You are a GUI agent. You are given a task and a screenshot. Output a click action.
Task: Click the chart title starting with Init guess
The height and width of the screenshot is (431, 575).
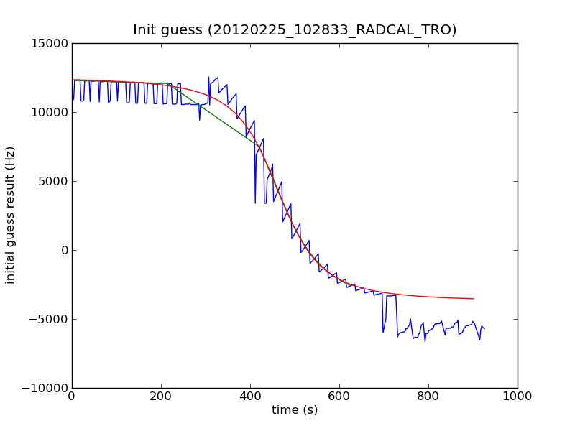(295, 30)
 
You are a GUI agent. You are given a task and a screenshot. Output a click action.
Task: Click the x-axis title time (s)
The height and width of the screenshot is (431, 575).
(295, 410)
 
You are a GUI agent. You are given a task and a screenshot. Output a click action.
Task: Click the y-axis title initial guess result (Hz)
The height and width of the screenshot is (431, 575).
(11, 215)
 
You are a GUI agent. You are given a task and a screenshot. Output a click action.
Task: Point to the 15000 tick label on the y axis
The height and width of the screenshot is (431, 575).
(49, 43)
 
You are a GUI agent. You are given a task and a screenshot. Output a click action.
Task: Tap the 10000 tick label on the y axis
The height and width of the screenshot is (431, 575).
(49, 112)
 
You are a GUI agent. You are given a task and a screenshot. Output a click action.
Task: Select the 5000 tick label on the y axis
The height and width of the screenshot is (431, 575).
(52, 181)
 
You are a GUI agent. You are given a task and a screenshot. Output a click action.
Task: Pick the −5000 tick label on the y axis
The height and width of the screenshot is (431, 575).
(50, 319)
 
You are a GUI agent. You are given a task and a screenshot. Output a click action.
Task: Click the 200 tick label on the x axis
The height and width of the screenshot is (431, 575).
(161, 396)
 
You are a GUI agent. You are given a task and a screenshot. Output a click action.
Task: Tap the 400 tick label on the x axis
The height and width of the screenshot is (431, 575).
(250, 396)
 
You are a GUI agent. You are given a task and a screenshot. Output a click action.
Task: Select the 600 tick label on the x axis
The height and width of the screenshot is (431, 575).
(339, 396)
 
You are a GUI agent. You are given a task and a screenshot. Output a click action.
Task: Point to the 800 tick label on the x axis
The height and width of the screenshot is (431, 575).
(428, 396)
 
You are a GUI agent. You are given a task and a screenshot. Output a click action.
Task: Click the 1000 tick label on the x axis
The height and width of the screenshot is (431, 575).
(517, 396)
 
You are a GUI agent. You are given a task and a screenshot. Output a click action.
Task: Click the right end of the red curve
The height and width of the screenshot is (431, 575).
(473, 298)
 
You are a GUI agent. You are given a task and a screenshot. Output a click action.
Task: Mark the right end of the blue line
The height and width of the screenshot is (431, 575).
(484, 329)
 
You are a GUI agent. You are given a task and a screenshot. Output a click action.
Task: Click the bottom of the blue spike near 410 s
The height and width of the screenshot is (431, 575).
(255, 203)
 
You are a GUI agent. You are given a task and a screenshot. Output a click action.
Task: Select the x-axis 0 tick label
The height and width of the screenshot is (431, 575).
(72, 396)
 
